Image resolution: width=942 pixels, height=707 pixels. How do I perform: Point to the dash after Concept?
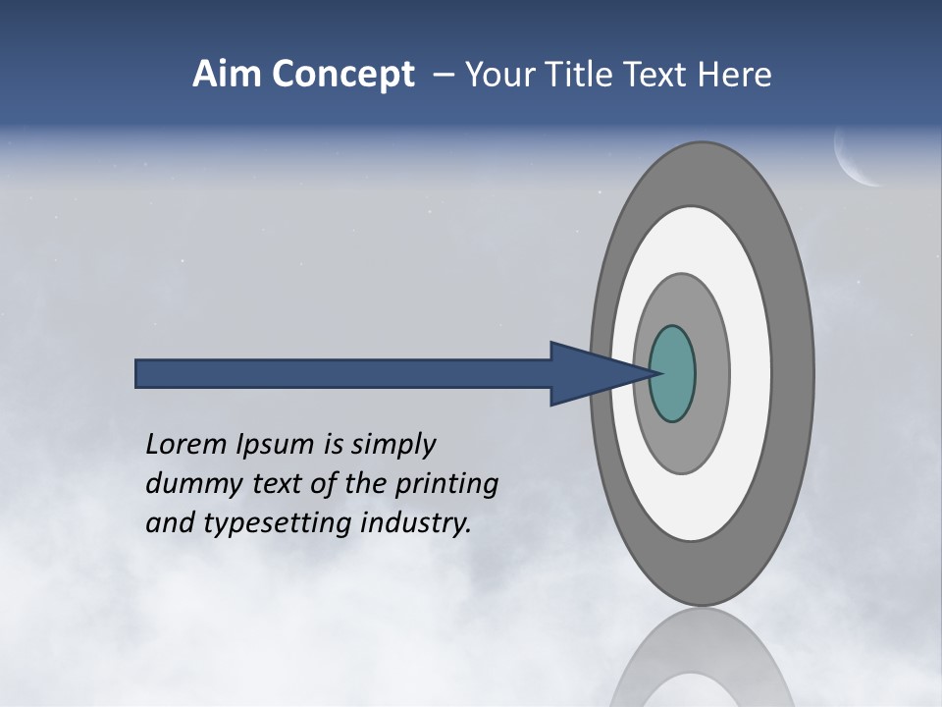pos(442,75)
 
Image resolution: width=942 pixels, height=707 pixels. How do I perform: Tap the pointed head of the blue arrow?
pos(599,374)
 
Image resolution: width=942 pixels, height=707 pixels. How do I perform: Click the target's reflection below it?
pos(702,663)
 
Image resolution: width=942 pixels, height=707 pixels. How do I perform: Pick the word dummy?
pos(188,485)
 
